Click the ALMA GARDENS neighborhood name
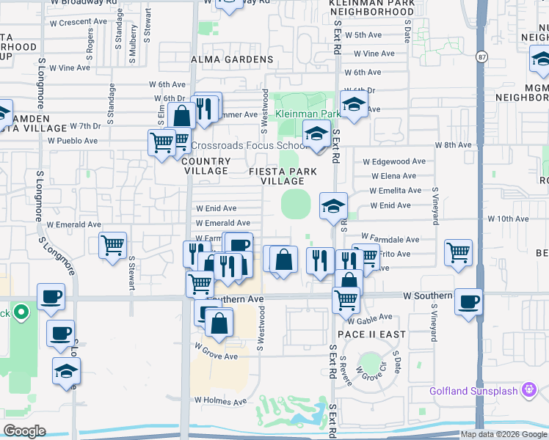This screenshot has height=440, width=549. pyautogui.click(x=221, y=59)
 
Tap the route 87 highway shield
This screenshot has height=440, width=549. pyautogui.click(x=481, y=56)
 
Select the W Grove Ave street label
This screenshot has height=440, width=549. pyautogui.click(x=216, y=356)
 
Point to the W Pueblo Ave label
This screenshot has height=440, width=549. pyautogui.click(x=73, y=140)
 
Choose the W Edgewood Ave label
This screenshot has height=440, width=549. pyautogui.click(x=394, y=161)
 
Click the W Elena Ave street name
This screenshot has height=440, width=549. pyautogui.click(x=393, y=176)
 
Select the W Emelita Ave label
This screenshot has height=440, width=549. pyautogui.click(x=396, y=191)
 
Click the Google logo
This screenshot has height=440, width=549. pyautogui.click(x=25, y=431)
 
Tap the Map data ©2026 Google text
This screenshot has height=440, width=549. pyautogui.click(x=503, y=434)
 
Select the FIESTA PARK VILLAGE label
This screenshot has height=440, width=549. pyautogui.click(x=283, y=176)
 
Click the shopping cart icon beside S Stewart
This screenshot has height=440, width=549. pyautogui.click(x=112, y=246)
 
